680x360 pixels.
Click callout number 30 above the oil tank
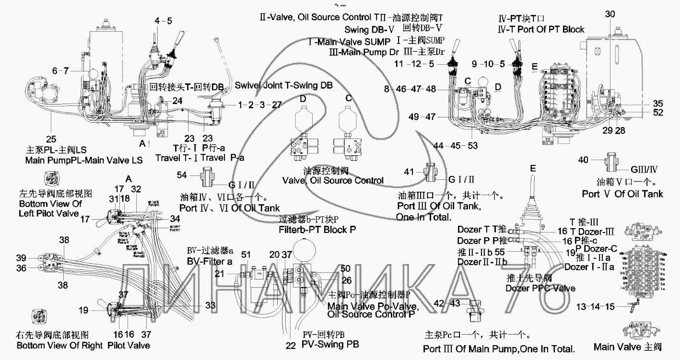[x=609, y=14]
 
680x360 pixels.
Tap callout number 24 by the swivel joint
[x=177, y=101]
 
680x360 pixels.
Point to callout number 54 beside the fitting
[x=182, y=176]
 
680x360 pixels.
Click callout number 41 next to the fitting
[x=409, y=171]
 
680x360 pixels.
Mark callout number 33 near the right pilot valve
[x=210, y=305]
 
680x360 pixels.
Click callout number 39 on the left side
[x=21, y=257]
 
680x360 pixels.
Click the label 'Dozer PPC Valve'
[x=540, y=288]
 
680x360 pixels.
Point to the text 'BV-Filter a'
[x=210, y=262]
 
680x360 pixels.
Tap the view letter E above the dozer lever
[x=533, y=169]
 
